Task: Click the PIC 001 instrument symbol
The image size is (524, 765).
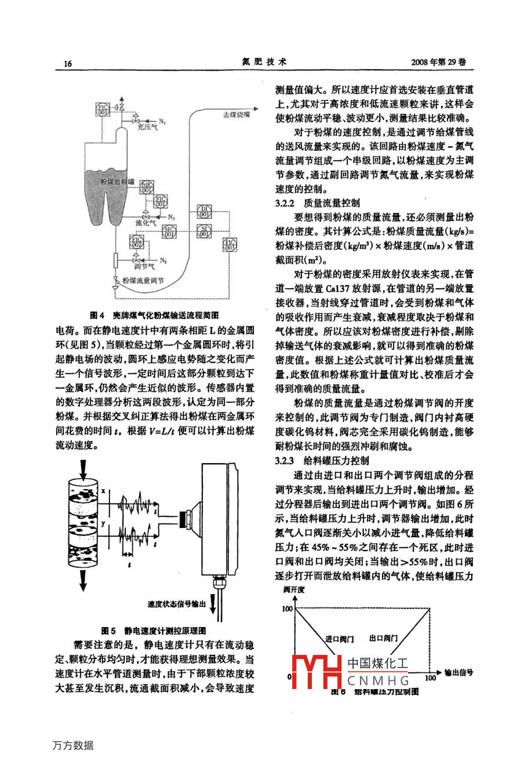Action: (x=101, y=108)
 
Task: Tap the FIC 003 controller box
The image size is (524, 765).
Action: (x=230, y=245)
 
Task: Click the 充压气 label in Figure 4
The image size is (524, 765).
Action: (x=147, y=128)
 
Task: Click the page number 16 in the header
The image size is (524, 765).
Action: (x=68, y=63)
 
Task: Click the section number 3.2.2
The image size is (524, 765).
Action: (x=285, y=203)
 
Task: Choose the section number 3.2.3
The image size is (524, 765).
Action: (x=285, y=461)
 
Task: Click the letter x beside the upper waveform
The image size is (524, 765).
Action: (x=103, y=491)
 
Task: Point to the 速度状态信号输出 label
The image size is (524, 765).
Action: (x=177, y=604)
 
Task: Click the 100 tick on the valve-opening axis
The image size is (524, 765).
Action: (x=287, y=609)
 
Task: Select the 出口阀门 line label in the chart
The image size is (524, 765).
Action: (x=383, y=638)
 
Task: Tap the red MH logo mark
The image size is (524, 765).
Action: (x=316, y=672)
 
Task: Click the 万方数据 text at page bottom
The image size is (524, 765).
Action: (x=73, y=745)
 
